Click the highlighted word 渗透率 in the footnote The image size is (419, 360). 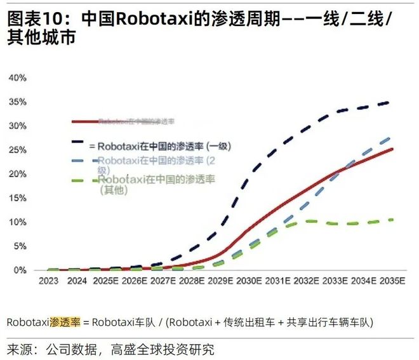[x=65, y=322]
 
